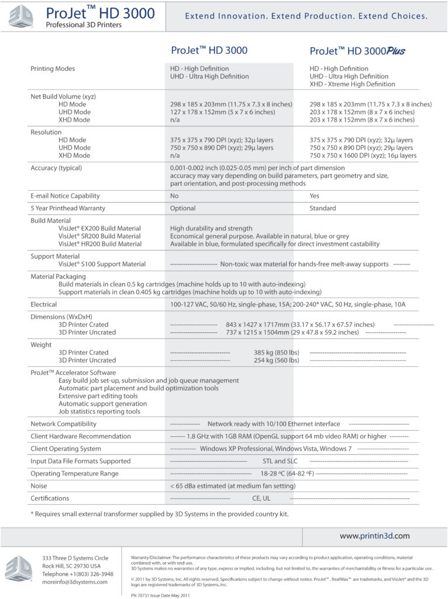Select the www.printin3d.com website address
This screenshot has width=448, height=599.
pos(374,535)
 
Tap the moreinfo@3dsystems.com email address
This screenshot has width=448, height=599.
pos(71,583)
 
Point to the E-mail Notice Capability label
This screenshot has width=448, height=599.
pos(65,196)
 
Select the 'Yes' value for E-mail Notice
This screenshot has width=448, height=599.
pos(315,196)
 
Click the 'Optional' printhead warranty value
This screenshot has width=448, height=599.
pos(182,208)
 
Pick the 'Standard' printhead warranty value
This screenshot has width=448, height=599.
pos(323,208)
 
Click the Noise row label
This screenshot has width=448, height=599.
pos(39,486)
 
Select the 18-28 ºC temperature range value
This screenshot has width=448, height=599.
pos(287,474)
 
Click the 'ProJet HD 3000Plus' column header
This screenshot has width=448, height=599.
pos(357,51)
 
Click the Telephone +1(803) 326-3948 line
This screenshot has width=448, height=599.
pos(78,574)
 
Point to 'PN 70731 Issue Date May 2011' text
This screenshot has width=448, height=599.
pos(160,595)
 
